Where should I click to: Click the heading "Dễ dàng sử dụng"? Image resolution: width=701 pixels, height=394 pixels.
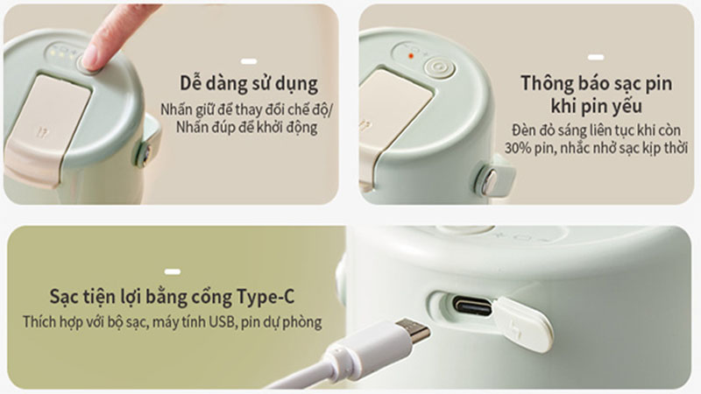point(249,84)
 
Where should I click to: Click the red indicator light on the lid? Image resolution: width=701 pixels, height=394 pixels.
point(410,56)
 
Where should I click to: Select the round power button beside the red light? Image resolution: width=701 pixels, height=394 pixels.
point(440,68)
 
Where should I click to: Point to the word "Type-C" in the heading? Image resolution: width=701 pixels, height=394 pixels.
point(266,297)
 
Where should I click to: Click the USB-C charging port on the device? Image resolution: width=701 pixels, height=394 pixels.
point(472,306)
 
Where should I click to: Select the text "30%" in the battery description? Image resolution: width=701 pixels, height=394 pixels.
point(519,148)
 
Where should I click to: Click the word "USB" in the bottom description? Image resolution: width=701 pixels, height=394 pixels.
point(222,321)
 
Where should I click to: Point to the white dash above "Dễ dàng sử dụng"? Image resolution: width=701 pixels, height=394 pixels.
point(249,61)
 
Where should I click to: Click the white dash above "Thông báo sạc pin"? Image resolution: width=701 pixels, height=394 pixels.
point(596,57)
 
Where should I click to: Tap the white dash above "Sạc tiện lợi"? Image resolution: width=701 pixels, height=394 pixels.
point(173,271)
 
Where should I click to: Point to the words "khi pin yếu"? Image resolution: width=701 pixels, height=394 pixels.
point(597,106)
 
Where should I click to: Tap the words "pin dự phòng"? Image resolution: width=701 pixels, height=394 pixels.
point(281,322)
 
